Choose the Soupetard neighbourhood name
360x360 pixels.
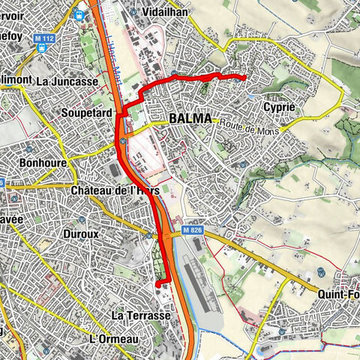click(88, 112)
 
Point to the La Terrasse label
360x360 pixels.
click(141, 316)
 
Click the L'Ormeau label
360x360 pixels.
click(114, 339)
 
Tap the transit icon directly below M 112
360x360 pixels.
click(43, 46)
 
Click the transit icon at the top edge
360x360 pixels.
click(78, 11)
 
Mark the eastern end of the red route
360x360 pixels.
click(246, 77)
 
